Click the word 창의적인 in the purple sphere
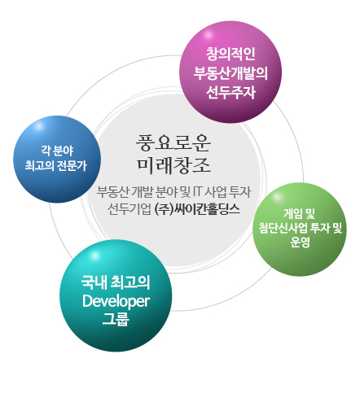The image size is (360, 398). point(230,54)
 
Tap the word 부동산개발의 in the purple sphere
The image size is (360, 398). point(230,73)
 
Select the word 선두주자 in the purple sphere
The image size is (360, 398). point(230,93)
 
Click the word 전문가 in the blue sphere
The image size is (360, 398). point(71,165)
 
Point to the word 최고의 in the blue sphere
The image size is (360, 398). point(39,165)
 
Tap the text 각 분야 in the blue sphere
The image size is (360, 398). point(57,151)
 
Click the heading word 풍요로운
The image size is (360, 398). point(173,142)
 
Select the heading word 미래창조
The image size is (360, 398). point(173,164)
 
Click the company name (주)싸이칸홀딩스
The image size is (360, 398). point(197,209)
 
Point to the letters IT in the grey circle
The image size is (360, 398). point(198,192)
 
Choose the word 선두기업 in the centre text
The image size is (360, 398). point(129,209)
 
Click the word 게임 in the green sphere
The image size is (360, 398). point(292,214)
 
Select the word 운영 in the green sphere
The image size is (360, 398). point(300,242)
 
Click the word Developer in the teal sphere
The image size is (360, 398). point(116,301)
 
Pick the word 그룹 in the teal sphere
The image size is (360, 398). point(116,319)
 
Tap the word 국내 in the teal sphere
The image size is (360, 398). point(94,282)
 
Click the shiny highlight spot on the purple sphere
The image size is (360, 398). point(209,34)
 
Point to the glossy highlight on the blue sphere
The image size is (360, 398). point(38,127)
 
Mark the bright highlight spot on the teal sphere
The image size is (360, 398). point(94,256)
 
